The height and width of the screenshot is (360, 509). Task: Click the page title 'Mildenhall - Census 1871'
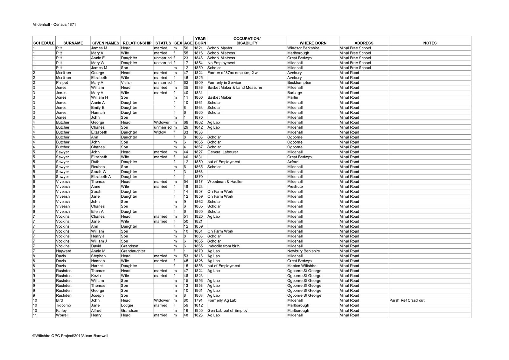click(54, 25)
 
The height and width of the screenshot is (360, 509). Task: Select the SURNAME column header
click(73, 43)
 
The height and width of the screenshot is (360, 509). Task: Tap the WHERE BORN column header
click(313, 43)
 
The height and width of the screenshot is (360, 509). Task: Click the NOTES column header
click(430, 43)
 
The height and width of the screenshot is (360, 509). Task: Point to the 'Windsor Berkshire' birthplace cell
click(303, 48)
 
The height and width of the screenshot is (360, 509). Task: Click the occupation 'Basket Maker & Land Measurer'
click(235, 88)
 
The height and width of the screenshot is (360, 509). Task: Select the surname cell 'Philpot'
click(62, 83)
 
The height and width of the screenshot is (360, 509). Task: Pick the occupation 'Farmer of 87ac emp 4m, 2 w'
click(232, 73)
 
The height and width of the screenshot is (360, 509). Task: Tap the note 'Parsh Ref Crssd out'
click(407, 300)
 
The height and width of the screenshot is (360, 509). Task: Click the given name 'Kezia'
click(96, 276)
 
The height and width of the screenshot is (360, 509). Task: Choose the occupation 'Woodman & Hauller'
click(225, 182)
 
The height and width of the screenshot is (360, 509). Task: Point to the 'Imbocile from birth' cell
click(223, 246)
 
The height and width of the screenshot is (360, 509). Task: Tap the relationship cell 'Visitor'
click(126, 83)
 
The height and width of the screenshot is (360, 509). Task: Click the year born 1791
click(198, 300)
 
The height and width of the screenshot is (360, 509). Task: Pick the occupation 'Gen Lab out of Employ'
click(227, 311)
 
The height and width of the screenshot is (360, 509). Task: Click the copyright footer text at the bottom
click(70, 335)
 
